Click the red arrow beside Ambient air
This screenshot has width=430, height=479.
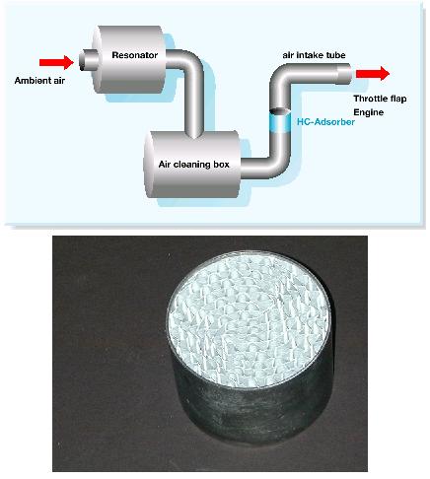[x=56, y=62]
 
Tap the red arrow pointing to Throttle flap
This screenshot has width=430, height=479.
[x=373, y=73]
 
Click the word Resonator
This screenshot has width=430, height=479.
[x=135, y=55]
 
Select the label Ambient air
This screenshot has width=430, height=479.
[x=39, y=81]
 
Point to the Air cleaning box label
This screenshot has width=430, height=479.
[x=193, y=165]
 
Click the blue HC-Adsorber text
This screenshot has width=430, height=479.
[x=325, y=122]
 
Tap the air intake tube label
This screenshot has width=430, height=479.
[x=314, y=55]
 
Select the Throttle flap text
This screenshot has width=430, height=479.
[x=380, y=99]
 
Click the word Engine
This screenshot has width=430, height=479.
[x=369, y=112]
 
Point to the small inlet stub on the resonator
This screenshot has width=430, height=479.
[x=88, y=60]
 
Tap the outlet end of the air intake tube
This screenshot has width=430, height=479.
[x=345, y=73]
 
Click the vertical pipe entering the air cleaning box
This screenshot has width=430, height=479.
[x=194, y=108]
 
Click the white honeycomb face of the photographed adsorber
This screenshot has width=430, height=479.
[x=249, y=319]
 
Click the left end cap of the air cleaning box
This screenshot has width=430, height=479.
[x=149, y=165]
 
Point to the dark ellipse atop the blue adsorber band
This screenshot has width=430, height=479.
[x=280, y=111]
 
